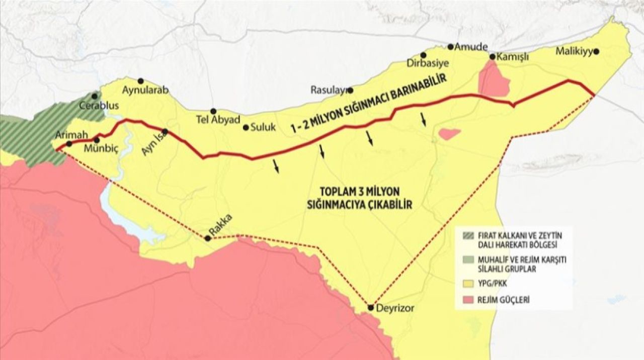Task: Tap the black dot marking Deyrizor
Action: [x=371, y=307]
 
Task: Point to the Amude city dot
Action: [x=451, y=46]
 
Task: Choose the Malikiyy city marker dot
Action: [x=596, y=51]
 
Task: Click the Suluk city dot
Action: [x=246, y=128]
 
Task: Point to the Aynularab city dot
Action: [x=140, y=81]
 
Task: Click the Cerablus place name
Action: [x=100, y=106]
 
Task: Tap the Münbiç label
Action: [x=100, y=148]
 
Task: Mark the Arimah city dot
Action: [x=69, y=144]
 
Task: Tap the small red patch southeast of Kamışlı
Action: [x=449, y=134]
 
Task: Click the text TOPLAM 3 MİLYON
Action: [x=360, y=192]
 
